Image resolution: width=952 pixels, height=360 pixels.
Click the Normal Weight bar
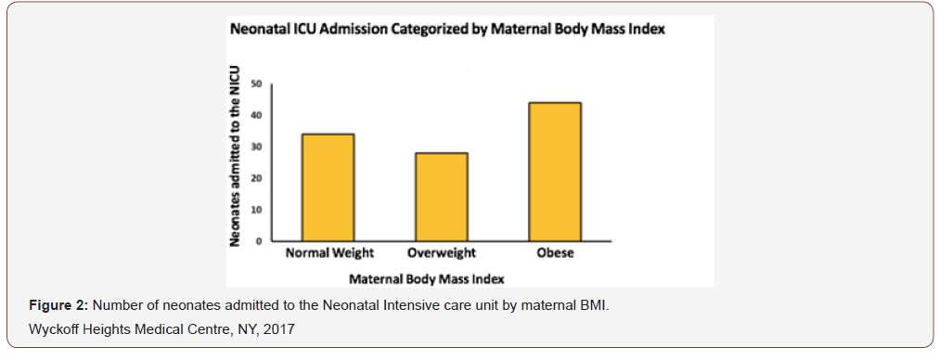coord(328,187)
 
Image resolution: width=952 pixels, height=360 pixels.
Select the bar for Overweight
coord(441,197)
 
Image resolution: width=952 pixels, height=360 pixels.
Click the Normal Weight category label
coord(328,253)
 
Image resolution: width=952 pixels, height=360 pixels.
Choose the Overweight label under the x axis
coord(442,253)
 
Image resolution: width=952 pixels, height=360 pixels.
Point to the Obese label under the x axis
coord(554,253)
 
